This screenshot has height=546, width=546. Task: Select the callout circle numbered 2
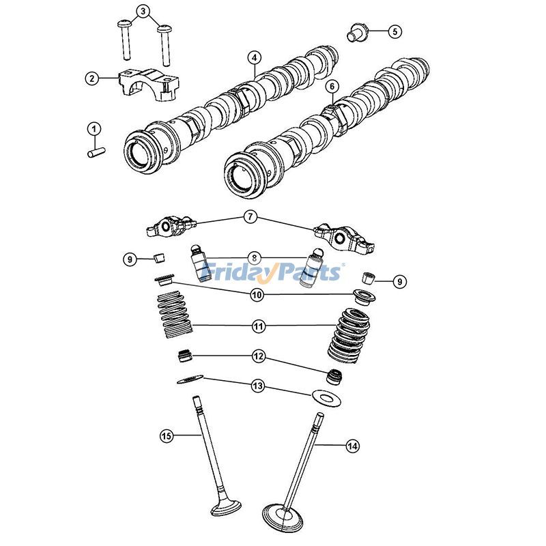[91, 78]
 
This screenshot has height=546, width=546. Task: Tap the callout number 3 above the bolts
[143, 11]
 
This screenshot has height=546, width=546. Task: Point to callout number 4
[254, 58]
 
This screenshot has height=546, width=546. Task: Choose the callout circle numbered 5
[395, 31]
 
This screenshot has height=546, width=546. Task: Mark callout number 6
[332, 87]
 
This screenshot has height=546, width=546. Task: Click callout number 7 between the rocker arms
[250, 217]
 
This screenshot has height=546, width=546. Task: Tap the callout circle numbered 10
[257, 295]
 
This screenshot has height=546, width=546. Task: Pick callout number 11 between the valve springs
[258, 327]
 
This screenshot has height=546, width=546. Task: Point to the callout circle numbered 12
[258, 356]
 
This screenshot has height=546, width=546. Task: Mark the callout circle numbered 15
[165, 435]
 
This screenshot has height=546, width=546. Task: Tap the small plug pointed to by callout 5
[355, 31]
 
